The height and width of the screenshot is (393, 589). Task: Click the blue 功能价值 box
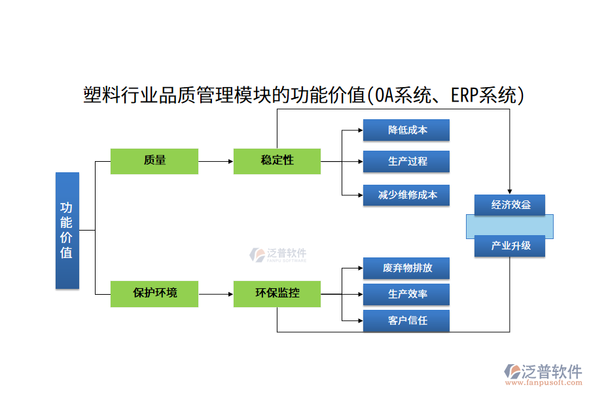[67, 231]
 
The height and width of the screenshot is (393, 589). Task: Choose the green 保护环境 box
[154, 293]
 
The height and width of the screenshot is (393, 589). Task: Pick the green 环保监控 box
[277, 293]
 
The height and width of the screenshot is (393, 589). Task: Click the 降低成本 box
[406, 130]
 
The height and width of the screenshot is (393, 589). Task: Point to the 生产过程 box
[406, 162]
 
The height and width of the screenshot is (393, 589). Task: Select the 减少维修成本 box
[406, 195]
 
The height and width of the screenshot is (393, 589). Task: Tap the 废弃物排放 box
[406, 269]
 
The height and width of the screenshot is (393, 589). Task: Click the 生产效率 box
[406, 295]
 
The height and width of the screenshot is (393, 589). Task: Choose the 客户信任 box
[406, 320]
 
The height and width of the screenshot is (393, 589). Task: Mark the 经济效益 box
[510, 205]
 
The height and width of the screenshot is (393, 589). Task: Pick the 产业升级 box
[510, 246]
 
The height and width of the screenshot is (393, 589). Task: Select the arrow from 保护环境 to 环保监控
[216, 294]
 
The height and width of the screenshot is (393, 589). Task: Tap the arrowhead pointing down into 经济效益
[510, 190]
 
